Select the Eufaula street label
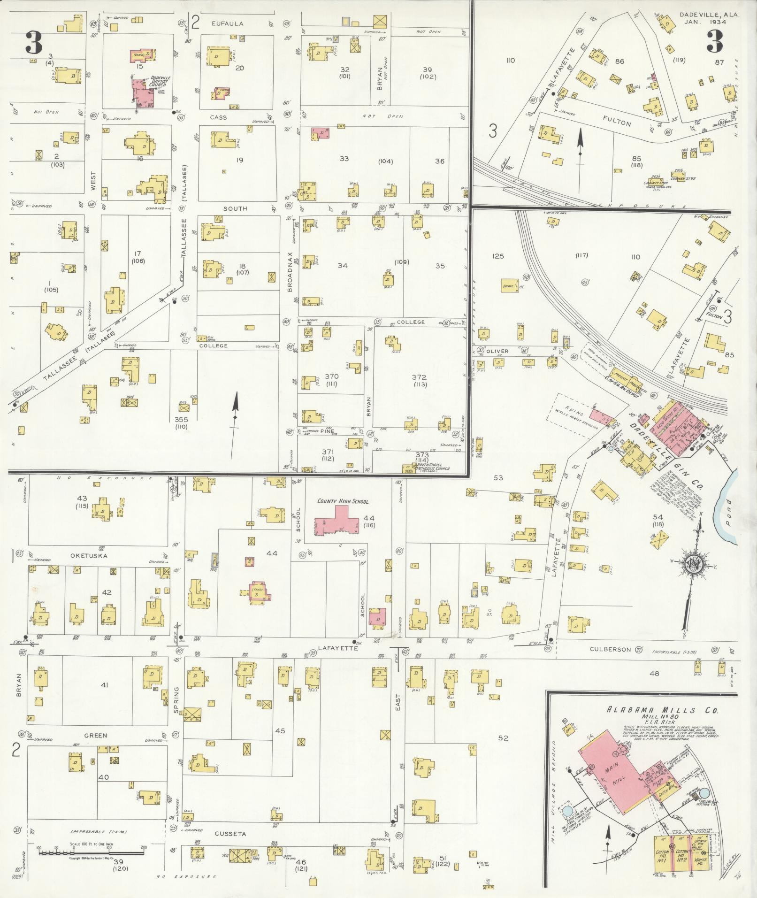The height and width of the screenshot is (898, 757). pyautogui.click(x=228, y=23)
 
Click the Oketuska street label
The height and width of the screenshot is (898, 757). pyautogui.click(x=89, y=556)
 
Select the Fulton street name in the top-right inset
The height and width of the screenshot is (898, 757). pyautogui.click(x=617, y=123)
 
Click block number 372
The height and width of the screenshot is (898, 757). pyautogui.click(x=419, y=377)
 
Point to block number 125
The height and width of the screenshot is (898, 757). pyautogui.click(x=498, y=256)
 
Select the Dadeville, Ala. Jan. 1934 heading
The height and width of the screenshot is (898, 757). pyautogui.click(x=709, y=18)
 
